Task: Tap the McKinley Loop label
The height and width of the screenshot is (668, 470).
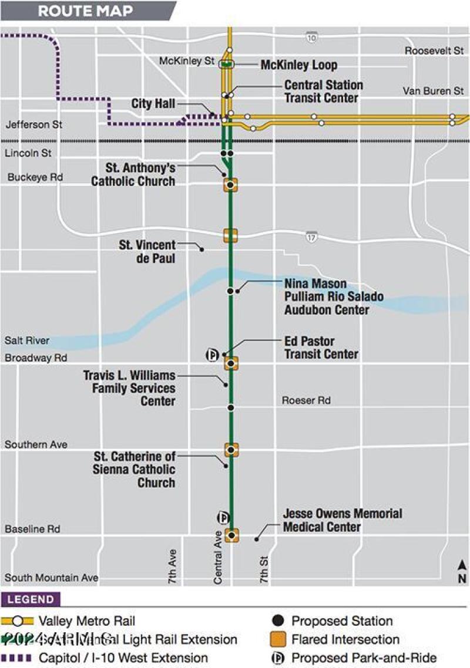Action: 299,65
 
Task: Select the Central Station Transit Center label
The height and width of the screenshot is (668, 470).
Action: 324,92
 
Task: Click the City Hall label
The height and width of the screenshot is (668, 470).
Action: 153,104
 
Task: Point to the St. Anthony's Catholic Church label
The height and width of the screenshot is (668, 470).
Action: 133,174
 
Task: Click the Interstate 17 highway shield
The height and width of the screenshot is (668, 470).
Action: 311,236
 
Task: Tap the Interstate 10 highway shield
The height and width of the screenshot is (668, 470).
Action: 311,38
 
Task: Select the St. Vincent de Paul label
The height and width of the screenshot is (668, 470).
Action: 147,251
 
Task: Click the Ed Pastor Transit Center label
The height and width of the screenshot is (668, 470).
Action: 321,348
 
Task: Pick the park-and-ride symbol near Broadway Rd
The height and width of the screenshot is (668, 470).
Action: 212,355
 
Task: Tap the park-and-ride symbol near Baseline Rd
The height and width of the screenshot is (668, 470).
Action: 224,517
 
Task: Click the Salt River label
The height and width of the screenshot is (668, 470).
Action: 27,340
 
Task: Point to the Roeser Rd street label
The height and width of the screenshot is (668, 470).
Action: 306,400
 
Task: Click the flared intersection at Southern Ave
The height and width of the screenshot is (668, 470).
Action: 231,450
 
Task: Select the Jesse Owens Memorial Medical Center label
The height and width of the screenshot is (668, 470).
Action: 343,520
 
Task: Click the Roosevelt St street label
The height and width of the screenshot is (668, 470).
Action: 434,51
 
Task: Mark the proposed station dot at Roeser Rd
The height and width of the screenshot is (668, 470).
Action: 231,407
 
